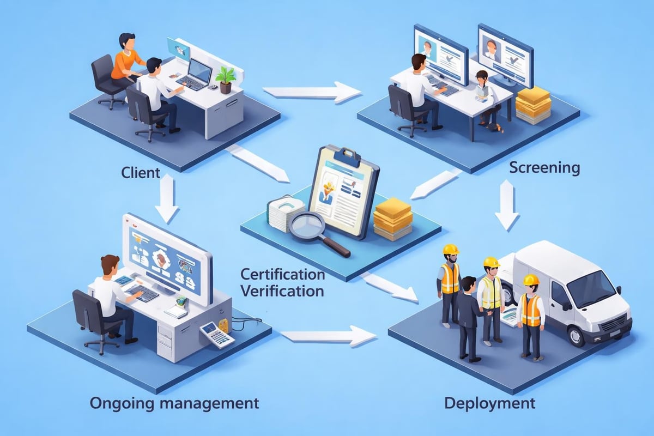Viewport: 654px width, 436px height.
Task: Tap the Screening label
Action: pos(544,167)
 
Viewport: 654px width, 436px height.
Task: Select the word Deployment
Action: pos(489,404)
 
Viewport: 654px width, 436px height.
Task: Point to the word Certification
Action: pos(282,272)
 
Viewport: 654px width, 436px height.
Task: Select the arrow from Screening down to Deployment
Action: pos(507,204)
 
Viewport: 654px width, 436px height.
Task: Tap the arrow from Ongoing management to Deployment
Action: pos(329,336)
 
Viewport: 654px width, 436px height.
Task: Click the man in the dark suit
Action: pos(468,316)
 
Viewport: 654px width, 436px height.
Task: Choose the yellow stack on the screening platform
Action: pos(533,105)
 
